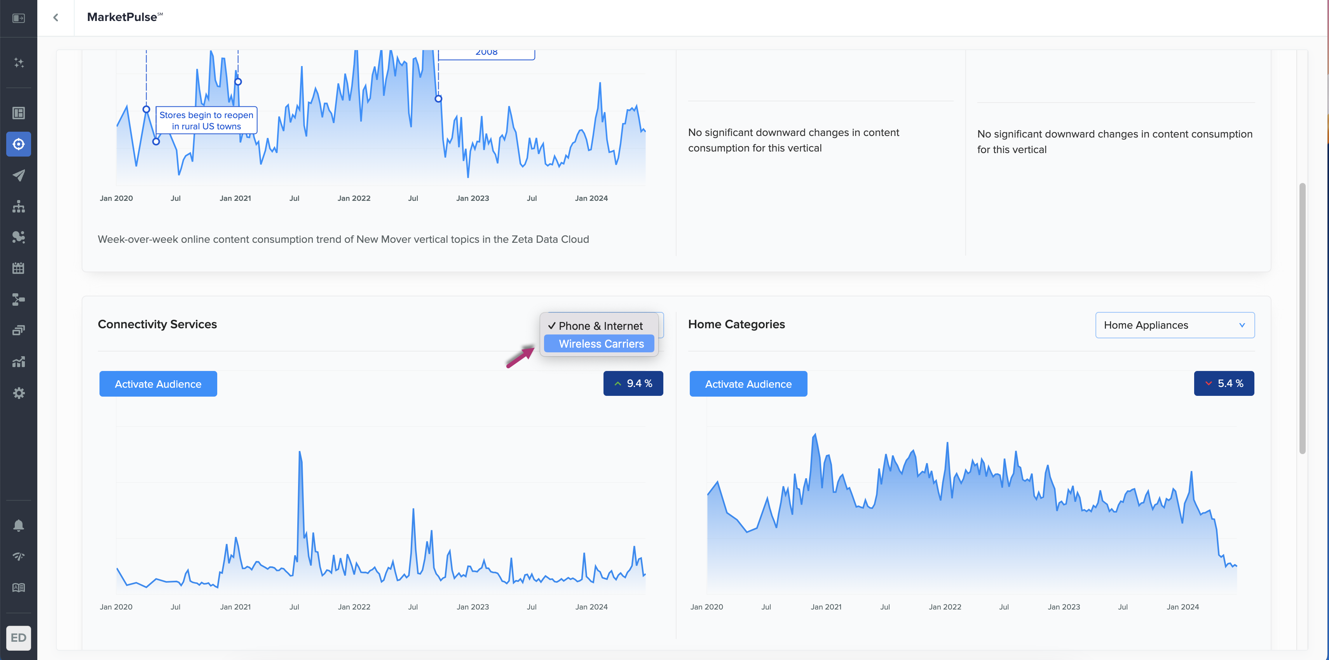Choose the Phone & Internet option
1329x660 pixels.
(600, 326)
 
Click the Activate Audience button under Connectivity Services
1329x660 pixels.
(158, 384)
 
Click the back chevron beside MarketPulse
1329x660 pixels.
(56, 17)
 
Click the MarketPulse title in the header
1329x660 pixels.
(122, 17)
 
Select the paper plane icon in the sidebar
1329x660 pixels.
(19, 175)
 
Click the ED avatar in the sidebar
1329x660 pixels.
(19, 638)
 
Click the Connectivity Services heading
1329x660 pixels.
(157, 324)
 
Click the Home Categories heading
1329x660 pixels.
(736, 324)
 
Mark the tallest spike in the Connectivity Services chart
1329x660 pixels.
(300, 453)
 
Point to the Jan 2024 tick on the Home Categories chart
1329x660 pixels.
(1182, 607)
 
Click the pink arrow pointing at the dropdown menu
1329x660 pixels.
(520, 357)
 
